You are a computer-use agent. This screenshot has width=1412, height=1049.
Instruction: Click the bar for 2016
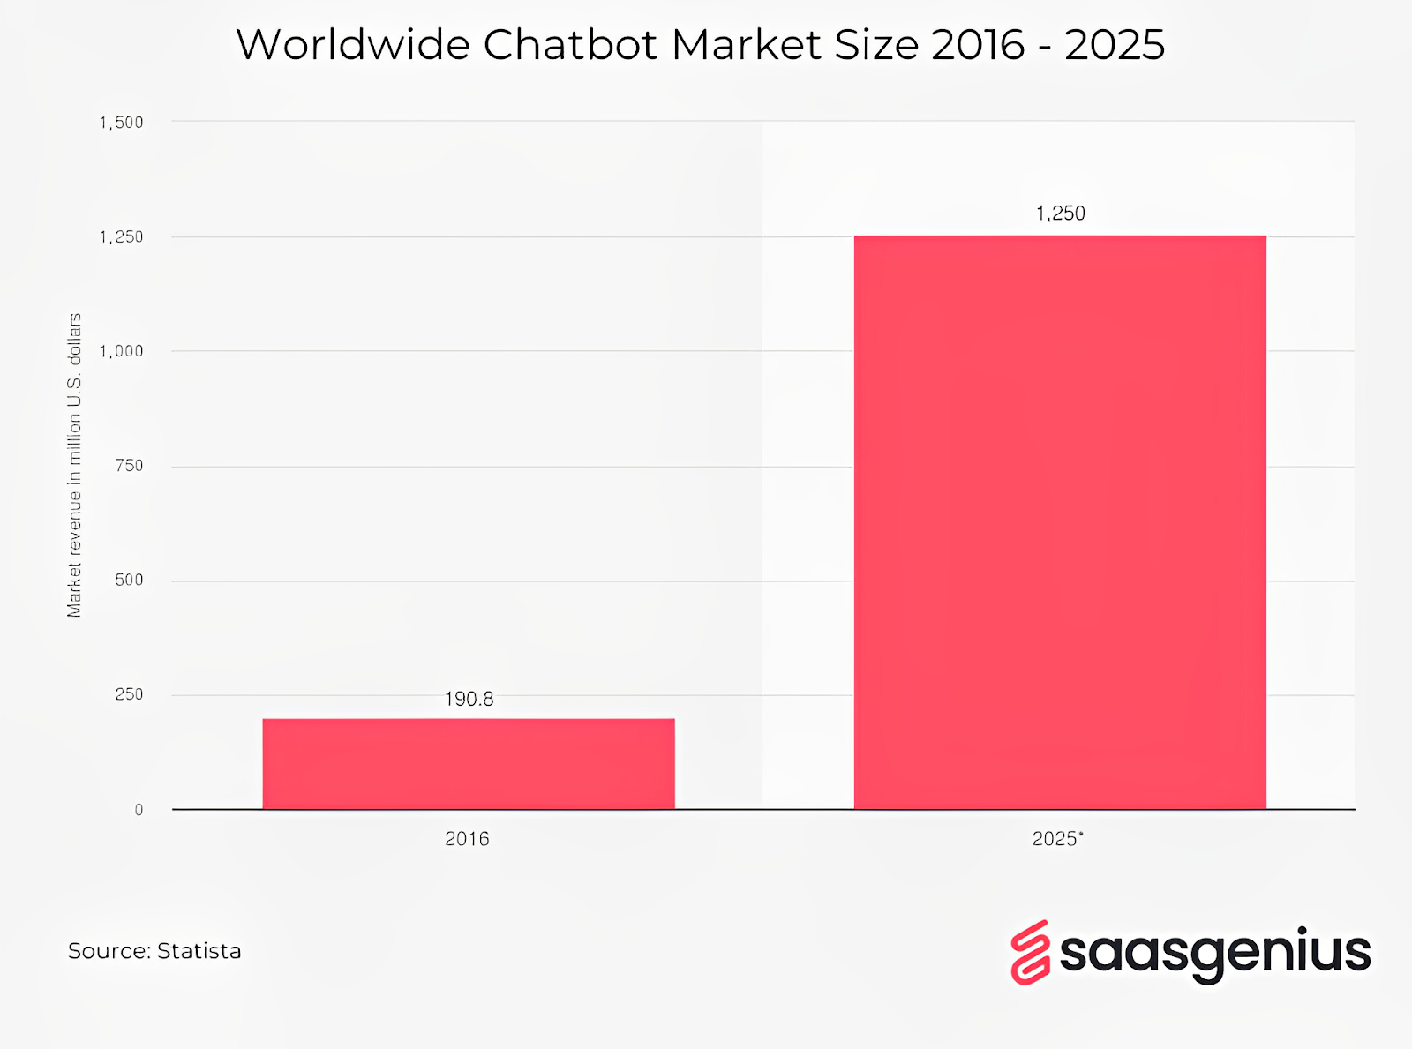tap(469, 763)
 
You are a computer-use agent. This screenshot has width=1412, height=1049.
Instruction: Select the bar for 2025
tap(1060, 522)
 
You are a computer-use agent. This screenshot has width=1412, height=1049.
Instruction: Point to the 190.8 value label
tap(469, 700)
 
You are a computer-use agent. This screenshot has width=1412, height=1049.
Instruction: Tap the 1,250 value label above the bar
tap(1060, 214)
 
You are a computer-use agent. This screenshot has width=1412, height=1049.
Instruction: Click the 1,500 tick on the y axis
tap(121, 123)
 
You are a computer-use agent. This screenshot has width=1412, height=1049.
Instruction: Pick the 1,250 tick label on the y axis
tap(121, 237)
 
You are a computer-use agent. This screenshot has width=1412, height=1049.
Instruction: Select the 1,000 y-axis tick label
tap(121, 351)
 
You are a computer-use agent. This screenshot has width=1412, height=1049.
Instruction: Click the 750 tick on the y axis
tap(129, 466)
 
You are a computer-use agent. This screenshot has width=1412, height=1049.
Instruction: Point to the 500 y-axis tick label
tap(129, 581)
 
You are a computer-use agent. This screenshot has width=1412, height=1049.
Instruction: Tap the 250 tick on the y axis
tap(129, 695)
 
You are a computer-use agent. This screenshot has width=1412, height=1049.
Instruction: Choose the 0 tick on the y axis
tap(139, 810)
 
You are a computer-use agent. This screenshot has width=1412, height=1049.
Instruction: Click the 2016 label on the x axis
tap(467, 839)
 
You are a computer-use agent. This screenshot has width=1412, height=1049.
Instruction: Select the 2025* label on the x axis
tap(1057, 839)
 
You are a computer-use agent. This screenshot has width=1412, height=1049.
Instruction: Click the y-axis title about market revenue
tap(74, 465)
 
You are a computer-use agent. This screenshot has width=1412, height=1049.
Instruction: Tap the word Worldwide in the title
tap(353, 45)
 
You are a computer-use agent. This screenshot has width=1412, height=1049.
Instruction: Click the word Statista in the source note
tap(199, 951)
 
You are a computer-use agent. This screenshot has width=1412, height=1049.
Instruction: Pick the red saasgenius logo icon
tap(1030, 953)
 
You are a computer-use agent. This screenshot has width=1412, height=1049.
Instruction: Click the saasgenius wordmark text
tap(1214, 953)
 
